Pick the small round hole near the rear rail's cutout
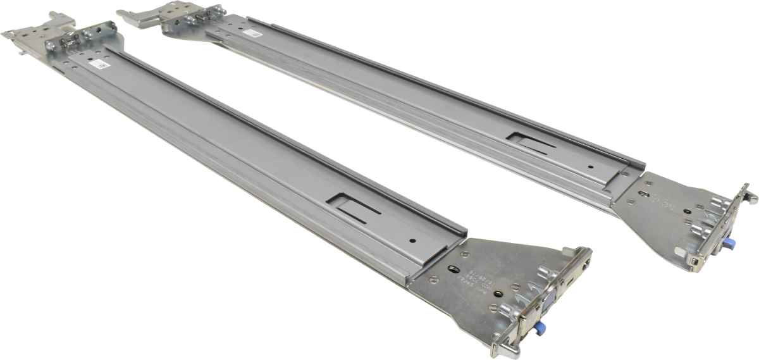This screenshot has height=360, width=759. pyautogui.click(x=589, y=167)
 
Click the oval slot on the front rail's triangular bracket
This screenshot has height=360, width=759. pyautogui.click(x=452, y=269)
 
